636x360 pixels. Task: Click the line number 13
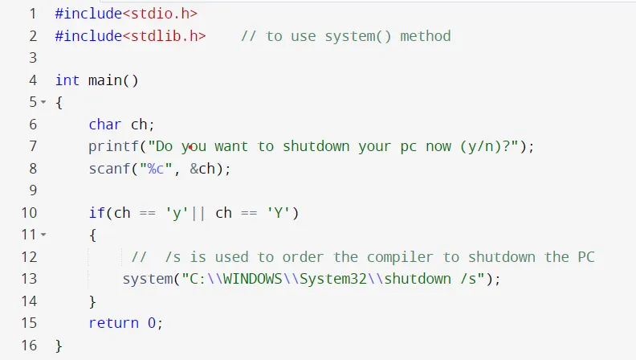coord(30,279)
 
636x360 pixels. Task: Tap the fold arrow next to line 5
coord(43,102)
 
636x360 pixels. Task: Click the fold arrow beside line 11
coord(43,235)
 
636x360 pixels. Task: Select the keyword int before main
coord(67,80)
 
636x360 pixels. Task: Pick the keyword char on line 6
coord(105,125)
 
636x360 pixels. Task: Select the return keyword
coord(114,323)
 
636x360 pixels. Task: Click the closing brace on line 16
coord(59,346)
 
